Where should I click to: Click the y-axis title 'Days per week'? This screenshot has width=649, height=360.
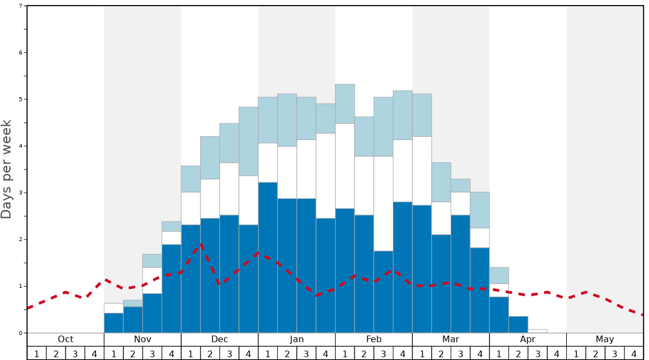coord(7,169)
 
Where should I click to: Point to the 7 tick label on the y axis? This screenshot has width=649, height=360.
coord(21,6)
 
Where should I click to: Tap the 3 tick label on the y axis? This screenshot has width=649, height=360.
coord(21,193)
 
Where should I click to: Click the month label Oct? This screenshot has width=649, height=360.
coord(66,339)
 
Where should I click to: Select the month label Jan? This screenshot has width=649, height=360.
coord(297,339)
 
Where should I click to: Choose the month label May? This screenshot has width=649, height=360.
coord(605,339)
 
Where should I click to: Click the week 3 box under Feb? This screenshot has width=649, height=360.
coord(383,353)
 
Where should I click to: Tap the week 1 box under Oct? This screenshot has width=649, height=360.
coord(37,353)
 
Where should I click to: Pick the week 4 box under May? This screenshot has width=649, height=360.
coord(634,353)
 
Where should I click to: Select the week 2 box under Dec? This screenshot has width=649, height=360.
coord(210,353)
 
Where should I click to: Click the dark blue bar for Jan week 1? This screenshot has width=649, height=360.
coord(268,257)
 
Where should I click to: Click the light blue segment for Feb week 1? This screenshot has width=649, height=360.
coord(345,104)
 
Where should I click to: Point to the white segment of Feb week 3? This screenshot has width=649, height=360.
coord(383,203)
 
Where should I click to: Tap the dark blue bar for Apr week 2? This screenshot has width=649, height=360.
coord(518,324)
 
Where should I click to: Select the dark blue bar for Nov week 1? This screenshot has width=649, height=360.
coord(114,323)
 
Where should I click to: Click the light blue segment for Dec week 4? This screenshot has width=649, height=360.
coord(248,141)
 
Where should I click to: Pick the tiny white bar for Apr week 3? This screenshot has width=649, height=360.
coord(538,331)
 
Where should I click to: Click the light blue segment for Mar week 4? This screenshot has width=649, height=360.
coord(480,210)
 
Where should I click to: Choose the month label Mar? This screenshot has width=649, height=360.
coord(451,339)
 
